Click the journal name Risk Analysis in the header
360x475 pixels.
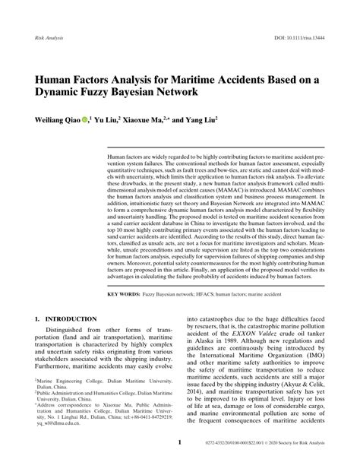click(49, 37)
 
